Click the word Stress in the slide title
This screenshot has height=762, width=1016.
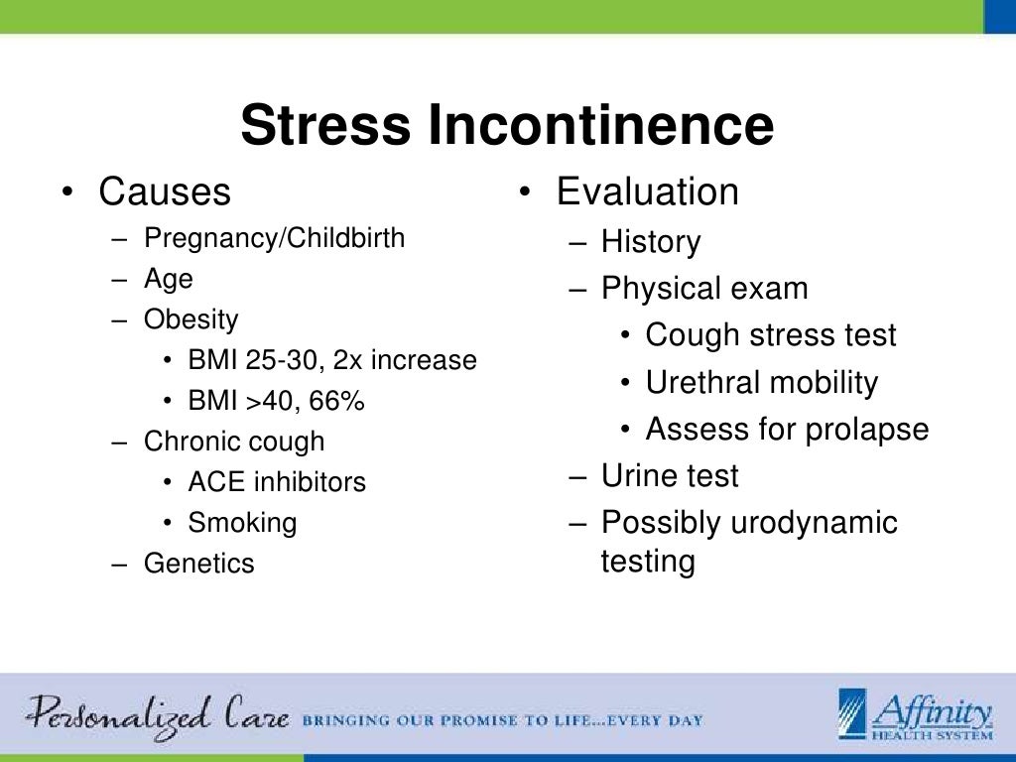[325, 126]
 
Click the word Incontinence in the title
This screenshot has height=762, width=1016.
[601, 126]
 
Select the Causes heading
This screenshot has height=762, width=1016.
[165, 191]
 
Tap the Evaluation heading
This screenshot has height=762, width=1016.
[647, 191]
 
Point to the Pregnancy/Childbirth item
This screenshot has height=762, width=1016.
[274, 239]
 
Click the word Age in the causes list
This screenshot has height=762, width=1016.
[169, 280]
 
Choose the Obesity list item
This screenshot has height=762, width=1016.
[191, 320]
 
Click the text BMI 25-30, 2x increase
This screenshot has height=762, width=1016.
[332, 360]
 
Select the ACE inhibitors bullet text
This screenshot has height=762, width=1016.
[277, 482]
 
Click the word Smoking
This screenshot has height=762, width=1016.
[242, 522]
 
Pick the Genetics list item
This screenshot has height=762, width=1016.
[199, 564]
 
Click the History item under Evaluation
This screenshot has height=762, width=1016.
[651, 242]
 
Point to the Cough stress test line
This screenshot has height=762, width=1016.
[771, 335]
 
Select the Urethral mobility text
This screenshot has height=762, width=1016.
[762, 383]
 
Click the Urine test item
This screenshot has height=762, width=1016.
[670, 476]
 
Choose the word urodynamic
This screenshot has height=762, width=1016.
[814, 523]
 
